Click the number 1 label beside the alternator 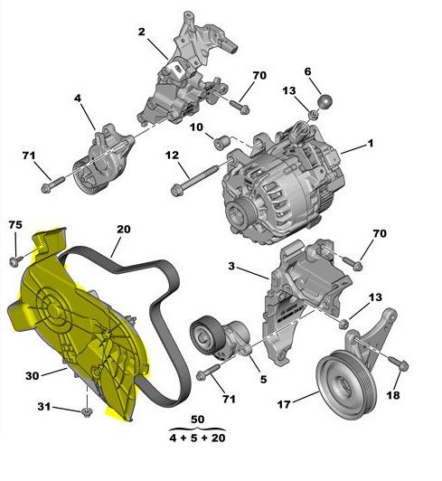coord(370,144)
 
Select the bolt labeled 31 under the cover coord(86,414)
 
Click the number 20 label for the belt coord(123,230)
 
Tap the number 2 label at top coord(142,32)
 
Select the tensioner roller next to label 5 coord(207,337)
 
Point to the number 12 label coord(170,156)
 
